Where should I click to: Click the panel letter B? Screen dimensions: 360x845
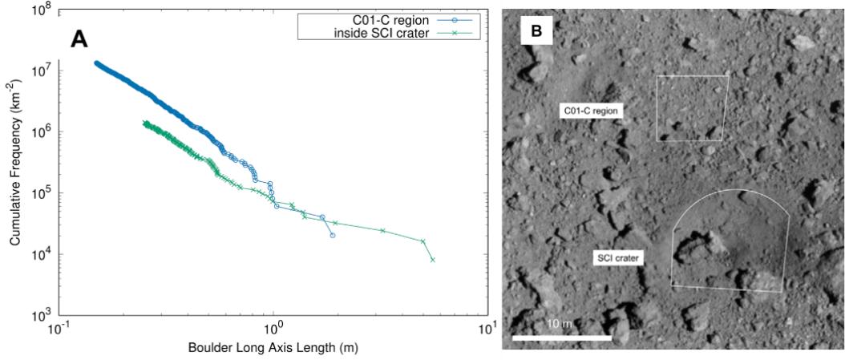pyautogui.click(x=537, y=30)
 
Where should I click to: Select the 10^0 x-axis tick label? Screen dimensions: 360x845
pyautogui.click(x=273, y=330)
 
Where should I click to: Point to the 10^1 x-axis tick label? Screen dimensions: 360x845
pyautogui.click(x=487, y=330)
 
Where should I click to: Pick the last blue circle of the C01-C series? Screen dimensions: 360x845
pyautogui.click(x=333, y=236)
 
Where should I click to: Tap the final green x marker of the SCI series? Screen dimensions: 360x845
pyautogui.click(x=433, y=260)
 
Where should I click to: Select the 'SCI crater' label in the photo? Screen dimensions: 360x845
pyautogui.click(x=618, y=258)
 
